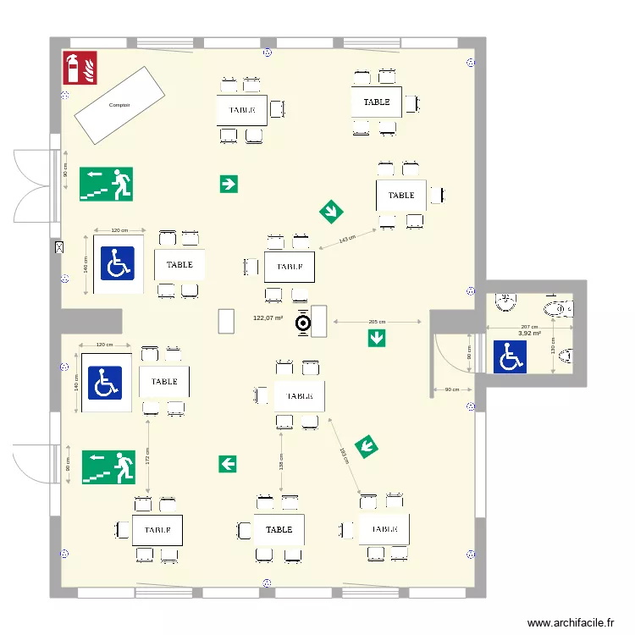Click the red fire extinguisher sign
(x=80, y=68)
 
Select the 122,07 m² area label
(x=268, y=318)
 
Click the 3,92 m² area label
(x=530, y=334)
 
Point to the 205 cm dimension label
(x=378, y=322)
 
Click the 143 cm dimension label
(x=347, y=239)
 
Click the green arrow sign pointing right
(x=229, y=184)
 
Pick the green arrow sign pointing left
(x=227, y=464)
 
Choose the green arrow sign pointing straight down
(x=377, y=339)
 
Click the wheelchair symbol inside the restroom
(x=511, y=356)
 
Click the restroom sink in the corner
(x=505, y=299)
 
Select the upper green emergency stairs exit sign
(x=107, y=184)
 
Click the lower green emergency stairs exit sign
(x=108, y=467)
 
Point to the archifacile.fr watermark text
(x=571, y=623)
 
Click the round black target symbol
(x=302, y=323)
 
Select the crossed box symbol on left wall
(x=58, y=248)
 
